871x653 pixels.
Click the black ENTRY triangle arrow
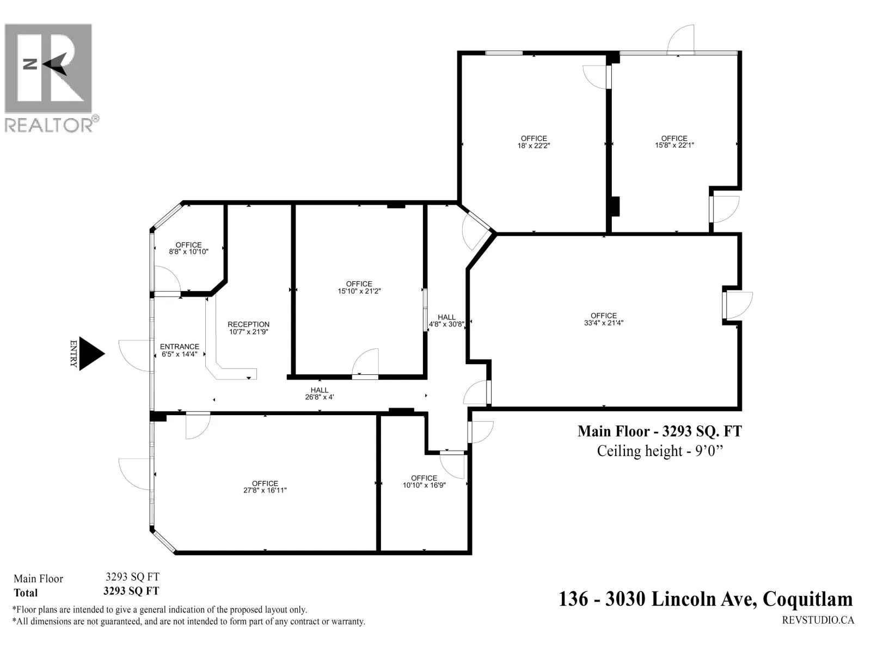[90, 354]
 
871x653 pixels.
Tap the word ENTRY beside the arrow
[73, 354]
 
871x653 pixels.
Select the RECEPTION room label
[248, 324]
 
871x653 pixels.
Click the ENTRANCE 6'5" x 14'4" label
[179, 350]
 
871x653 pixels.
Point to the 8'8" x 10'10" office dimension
[189, 252]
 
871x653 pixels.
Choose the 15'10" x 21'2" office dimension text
[359, 292]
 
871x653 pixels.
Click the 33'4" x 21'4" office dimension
[604, 323]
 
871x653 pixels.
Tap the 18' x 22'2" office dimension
[533, 145]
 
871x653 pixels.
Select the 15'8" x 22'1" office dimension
[674, 145]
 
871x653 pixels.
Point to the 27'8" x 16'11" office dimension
[265, 490]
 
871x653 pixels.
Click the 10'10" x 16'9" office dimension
[424, 485]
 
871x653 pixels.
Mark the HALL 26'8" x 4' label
[320, 393]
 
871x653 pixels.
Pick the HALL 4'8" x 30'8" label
[446, 321]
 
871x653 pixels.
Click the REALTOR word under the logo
[48, 125]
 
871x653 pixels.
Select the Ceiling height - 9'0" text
[660, 452]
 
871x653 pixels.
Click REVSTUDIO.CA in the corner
[818, 620]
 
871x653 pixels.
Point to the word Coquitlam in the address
[807, 599]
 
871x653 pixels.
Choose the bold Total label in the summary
[26, 593]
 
